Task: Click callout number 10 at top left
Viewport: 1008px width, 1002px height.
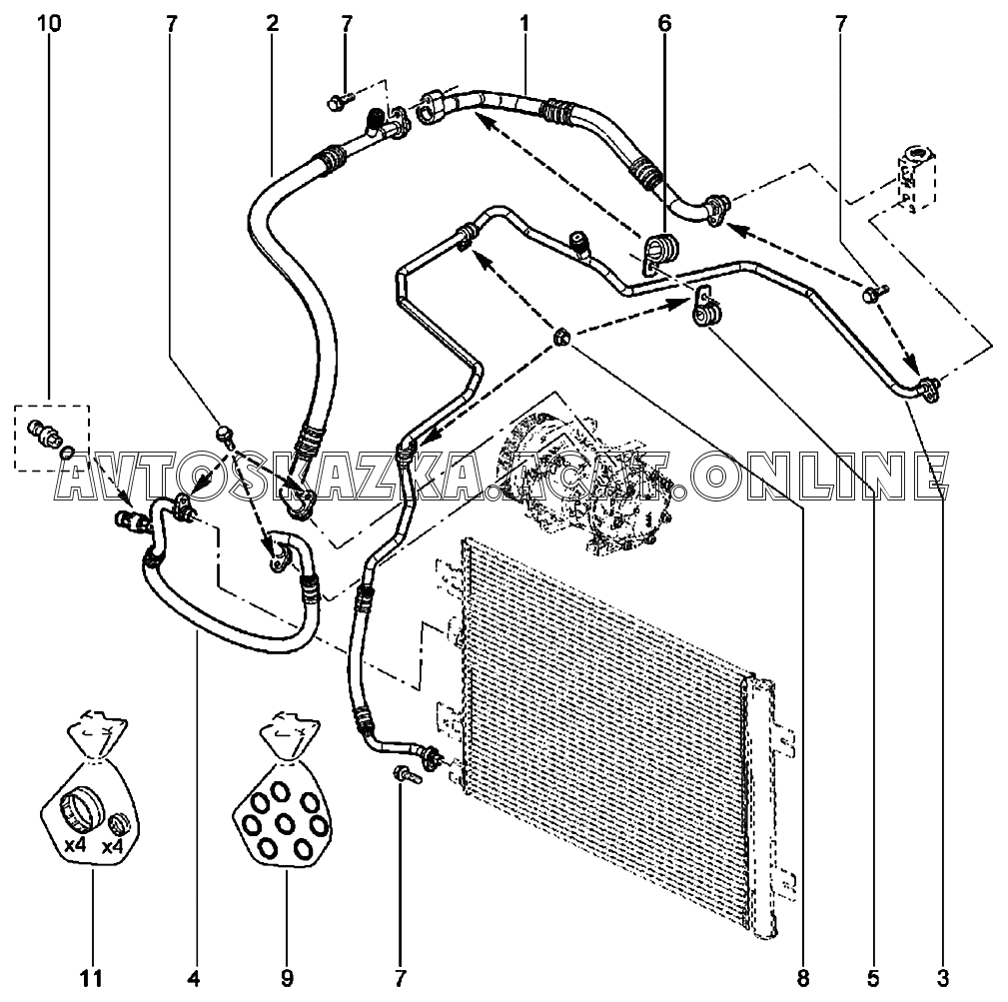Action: [x=50, y=24]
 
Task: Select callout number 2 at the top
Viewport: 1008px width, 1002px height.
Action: [x=272, y=24]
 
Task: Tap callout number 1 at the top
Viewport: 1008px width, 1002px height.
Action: [x=523, y=24]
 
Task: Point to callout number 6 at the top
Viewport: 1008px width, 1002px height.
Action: [x=664, y=24]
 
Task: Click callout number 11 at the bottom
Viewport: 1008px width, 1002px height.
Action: [x=91, y=979]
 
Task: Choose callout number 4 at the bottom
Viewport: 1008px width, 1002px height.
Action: [x=194, y=979]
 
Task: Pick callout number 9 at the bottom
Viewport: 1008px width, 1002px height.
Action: [x=287, y=979]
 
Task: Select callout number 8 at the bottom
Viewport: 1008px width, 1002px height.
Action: [x=803, y=979]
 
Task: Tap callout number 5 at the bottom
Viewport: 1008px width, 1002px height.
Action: [x=873, y=979]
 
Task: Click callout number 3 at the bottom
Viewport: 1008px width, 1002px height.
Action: [x=942, y=979]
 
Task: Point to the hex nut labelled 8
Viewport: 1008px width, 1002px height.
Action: [x=561, y=336]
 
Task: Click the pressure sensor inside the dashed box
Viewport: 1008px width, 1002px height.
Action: [x=44, y=432]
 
